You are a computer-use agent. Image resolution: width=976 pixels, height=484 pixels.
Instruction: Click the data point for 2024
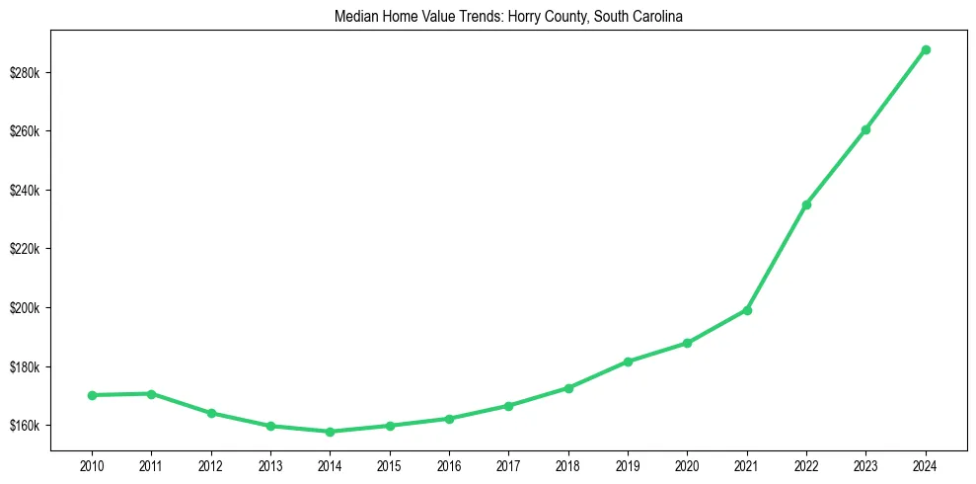(926, 49)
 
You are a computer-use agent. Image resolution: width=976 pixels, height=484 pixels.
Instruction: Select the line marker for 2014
(330, 432)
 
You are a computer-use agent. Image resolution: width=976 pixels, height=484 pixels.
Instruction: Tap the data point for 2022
(806, 204)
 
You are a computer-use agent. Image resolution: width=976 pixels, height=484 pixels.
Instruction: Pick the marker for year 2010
(92, 395)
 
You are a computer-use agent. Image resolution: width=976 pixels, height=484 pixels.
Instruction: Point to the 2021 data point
(747, 310)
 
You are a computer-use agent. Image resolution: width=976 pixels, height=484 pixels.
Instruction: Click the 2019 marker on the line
(628, 362)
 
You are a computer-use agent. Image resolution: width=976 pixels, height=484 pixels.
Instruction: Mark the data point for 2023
(865, 129)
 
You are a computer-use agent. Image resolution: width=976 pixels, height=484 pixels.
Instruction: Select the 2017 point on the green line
(508, 406)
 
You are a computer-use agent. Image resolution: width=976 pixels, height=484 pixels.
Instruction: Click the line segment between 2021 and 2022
(777, 258)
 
